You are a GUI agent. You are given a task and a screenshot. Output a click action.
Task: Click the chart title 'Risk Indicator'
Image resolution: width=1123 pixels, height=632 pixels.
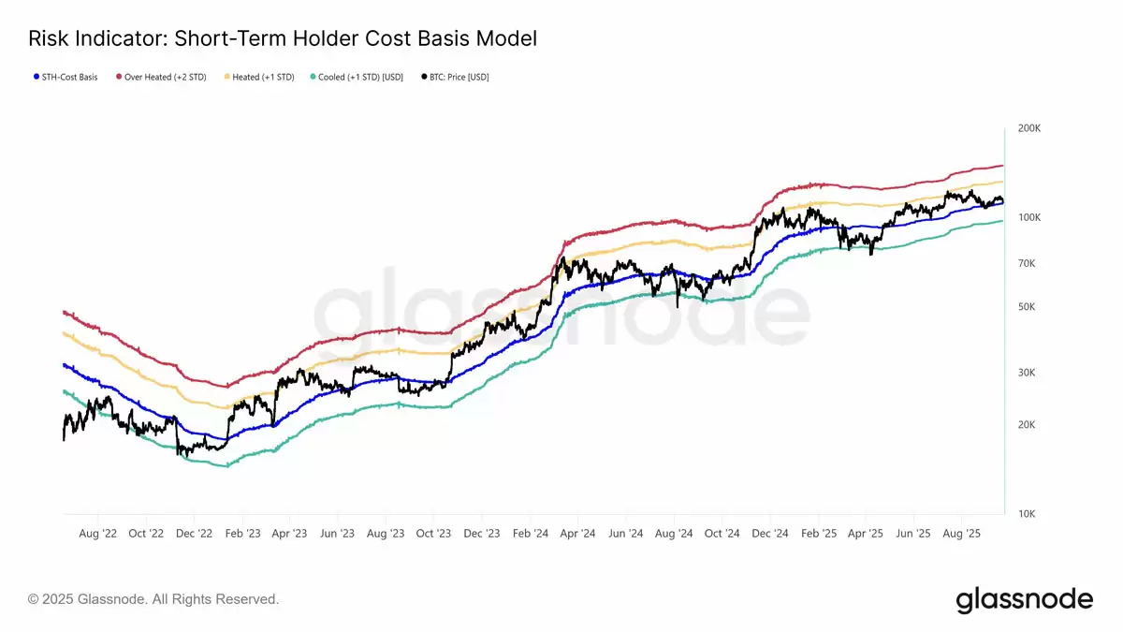coord(282,38)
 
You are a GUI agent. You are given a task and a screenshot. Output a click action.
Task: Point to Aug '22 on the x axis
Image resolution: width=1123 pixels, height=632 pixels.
coord(97,534)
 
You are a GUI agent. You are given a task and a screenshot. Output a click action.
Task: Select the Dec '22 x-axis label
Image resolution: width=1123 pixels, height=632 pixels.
coord(194,534)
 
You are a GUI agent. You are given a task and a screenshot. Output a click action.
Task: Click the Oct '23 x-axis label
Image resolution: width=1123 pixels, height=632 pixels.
coord(433,534)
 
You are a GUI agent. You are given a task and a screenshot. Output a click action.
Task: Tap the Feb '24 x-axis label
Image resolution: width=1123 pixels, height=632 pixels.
coord(530,534)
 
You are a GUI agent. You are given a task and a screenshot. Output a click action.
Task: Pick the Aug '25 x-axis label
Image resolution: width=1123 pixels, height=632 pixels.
coord(961,534)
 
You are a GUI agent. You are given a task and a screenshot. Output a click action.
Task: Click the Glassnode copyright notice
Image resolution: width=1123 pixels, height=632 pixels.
coord(153,599)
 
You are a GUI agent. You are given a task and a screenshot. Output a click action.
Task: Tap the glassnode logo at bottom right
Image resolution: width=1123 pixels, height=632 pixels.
coord(1024,599)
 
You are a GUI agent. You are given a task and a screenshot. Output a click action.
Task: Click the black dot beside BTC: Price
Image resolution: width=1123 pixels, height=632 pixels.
coord(425,77)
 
